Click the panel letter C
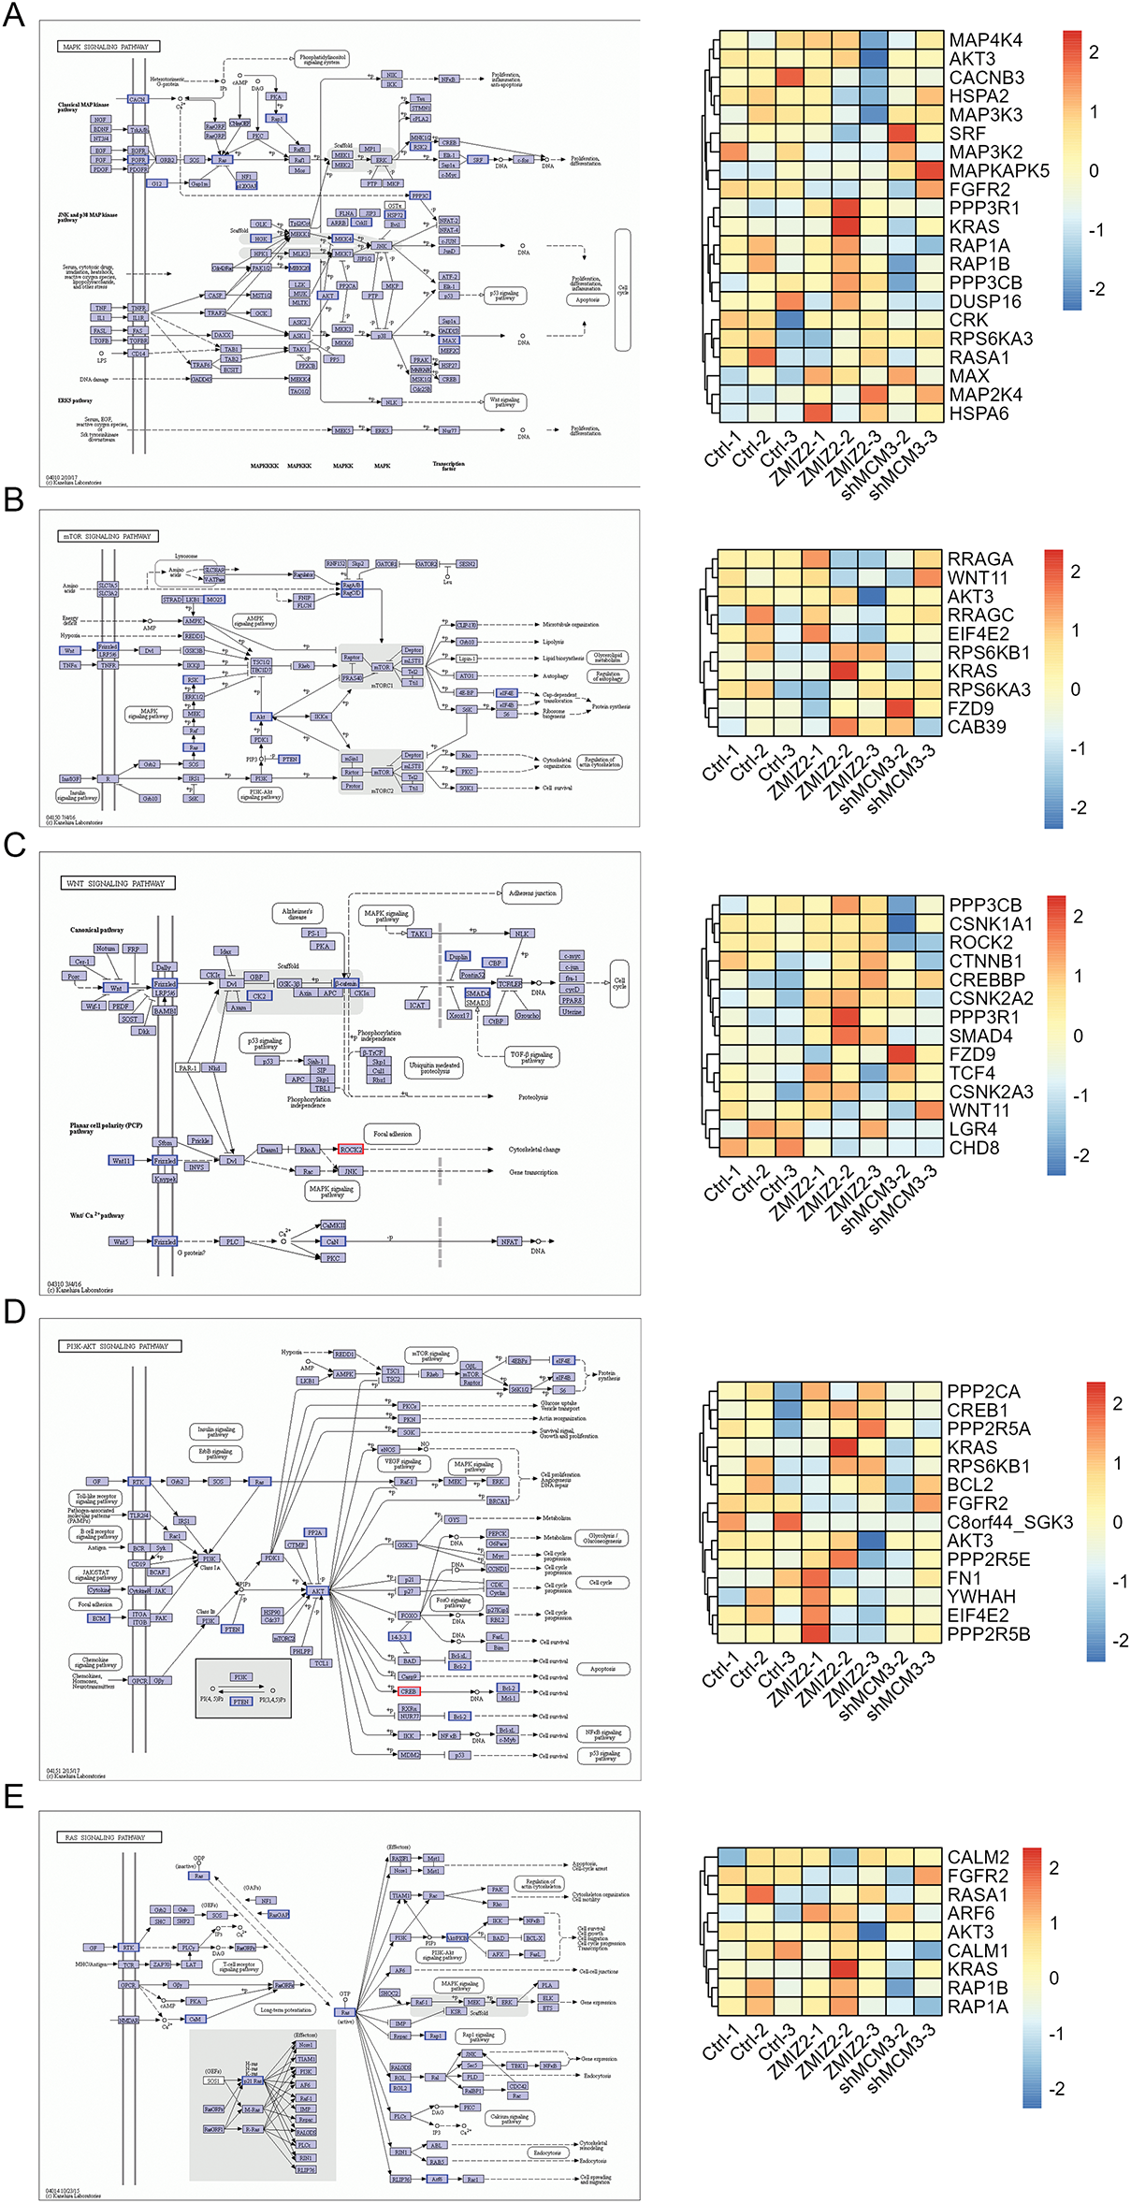(14, 845)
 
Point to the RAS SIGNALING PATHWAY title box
(108, 1837)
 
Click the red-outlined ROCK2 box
(351, 1149)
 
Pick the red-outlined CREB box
(409, 1691)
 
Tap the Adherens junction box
(532, 893)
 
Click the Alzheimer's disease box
(297, 913)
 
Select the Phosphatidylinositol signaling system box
(322, 60)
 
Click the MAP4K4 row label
(985, 40)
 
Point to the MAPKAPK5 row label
(998, 171)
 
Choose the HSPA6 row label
(979, 413)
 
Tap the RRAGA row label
(979, 559)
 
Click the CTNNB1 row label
(985, 961)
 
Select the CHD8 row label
(974, 1148)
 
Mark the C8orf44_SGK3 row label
(1009, 1522)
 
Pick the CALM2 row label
(978, 1857)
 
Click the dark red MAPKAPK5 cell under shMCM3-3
(929, 171)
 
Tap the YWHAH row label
(980, 1597)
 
